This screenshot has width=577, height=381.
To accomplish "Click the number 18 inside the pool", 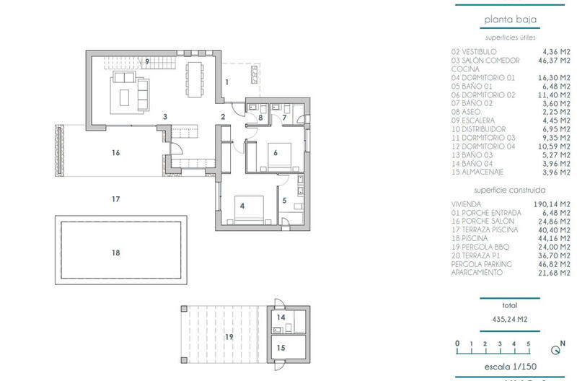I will point(116,253).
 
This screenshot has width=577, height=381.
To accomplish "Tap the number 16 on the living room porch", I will point(115,152).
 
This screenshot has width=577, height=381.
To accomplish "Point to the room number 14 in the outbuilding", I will point(281,317).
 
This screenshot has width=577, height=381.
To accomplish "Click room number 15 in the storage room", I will point(281,347).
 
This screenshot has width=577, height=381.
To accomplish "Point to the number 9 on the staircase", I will point(146,62).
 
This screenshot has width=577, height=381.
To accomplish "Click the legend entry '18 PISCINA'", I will point(473,238).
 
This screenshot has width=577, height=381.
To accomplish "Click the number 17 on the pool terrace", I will point(115,199).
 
